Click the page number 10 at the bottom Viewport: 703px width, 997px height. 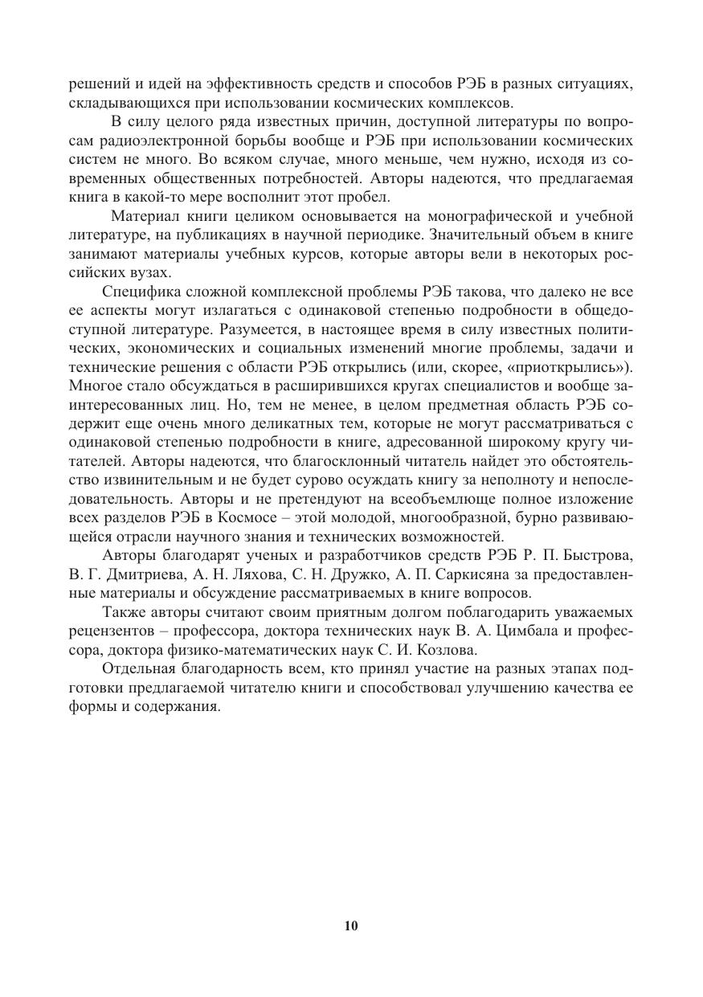point(351,925)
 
